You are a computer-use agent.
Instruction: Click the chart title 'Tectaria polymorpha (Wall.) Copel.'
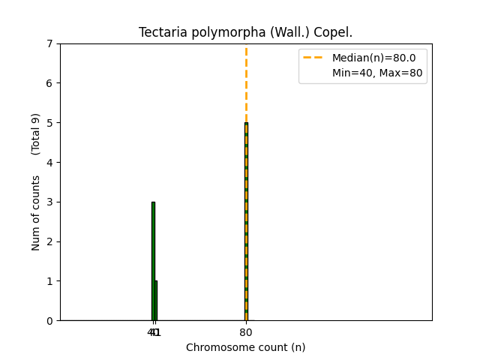click(245, 33)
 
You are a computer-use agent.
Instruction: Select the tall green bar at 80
click(246, 225)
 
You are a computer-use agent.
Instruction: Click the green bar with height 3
click(153, 262)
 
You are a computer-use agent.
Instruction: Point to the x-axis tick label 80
click(246, 332)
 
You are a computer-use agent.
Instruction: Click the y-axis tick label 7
click(50, 43)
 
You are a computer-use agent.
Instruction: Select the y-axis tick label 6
click(50, 83)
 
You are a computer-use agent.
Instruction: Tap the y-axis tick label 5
click(50, 123)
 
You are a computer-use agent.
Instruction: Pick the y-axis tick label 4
click(50, 162)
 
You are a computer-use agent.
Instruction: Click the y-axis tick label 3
click(50, 202)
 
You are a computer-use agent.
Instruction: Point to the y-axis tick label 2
click(50, 241)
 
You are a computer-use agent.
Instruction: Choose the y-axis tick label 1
click(50, 281)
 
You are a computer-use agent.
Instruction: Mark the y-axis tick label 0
click(50, 321)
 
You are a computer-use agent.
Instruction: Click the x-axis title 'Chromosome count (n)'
click(245, 347)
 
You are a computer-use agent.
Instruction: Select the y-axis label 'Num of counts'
click(36, 213)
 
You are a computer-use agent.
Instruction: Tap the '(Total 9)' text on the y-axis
click(36, 134)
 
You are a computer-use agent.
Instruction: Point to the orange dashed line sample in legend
click(314, 58)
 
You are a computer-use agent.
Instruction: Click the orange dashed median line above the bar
click(246, 82)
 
